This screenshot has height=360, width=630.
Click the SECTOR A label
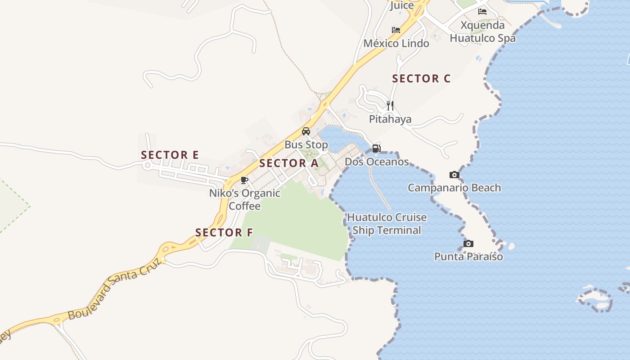pyautogui.click(x=289, y=163)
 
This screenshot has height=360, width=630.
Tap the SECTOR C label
pyautogui.click(x=421, y=79)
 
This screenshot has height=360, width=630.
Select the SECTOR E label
pyautogui.click(x=170, y=155)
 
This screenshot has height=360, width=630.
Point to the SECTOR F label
pyautogui.click(x=224, y=233)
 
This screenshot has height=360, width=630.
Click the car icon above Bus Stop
pyautogui.click(x=306, y=131)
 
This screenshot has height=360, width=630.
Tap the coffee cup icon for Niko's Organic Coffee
pyautogui.click(x=244, y=180)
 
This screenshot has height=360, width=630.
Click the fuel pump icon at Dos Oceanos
pyautogui.click(x=377, y=148)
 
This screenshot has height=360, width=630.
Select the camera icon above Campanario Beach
pyautogui.click(x=454, y=175)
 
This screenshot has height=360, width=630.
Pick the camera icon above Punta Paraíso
pyautogui.click(x=468, y=243)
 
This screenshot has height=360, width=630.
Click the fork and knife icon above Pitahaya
pyautogui.click(x=390, y=106)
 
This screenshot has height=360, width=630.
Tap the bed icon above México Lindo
pyautogui.click(x=396, y=30)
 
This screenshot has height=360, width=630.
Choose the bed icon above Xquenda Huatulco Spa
pyautogui.click(x=482, y=12)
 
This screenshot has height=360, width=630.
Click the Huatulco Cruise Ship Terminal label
pyautogui.click(x=387, y=224)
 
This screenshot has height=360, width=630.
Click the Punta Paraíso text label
pyautogui.click(x=468, y=256)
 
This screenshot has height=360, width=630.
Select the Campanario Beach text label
pyautogui.click(x=454, y=188)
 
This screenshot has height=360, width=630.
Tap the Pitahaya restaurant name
pyautogui.click(x=390, y=119)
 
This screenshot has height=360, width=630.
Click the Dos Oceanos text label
pyautogui.click(x=377, y=162)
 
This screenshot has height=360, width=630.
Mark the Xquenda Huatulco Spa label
pyautogui.click(x=482, y=31)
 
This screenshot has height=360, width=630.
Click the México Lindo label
pyautogui.click(x=396, y=44)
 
